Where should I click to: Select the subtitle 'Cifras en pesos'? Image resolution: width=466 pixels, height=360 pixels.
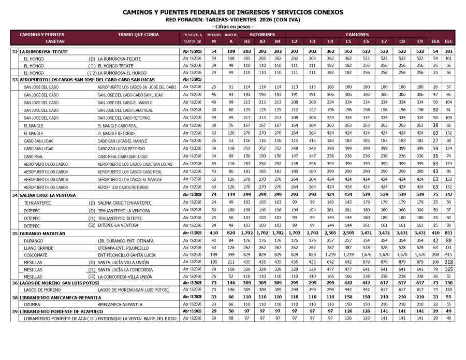pos(232,26)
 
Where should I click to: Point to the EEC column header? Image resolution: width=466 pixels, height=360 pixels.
pos(449,41)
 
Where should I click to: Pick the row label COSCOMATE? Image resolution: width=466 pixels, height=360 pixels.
pos(36,255)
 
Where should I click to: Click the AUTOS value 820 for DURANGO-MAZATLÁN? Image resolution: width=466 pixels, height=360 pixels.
pos(230,234)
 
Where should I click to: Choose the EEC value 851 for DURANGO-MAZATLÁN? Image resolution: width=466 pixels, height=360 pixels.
pos(449,234)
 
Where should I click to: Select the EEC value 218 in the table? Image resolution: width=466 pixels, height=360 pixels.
pos(449,262)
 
